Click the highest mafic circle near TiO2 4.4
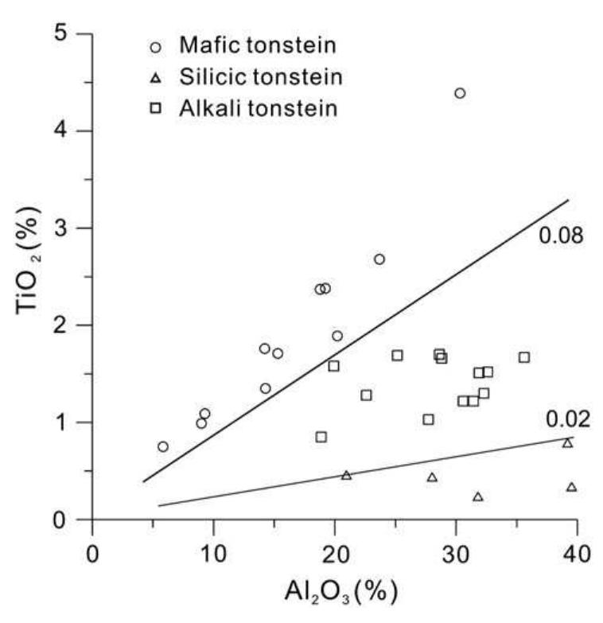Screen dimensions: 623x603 point(460,93)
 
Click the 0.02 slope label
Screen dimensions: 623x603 point(567,419)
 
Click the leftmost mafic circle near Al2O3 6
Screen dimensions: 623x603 point(163,446)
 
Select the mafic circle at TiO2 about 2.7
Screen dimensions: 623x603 point(379,259)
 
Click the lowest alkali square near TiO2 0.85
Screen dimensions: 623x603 point(321,437)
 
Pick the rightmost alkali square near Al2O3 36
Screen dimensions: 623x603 point(524,357)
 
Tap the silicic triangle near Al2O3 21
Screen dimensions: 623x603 point(346,475)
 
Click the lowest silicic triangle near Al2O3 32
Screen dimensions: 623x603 point(478,496)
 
